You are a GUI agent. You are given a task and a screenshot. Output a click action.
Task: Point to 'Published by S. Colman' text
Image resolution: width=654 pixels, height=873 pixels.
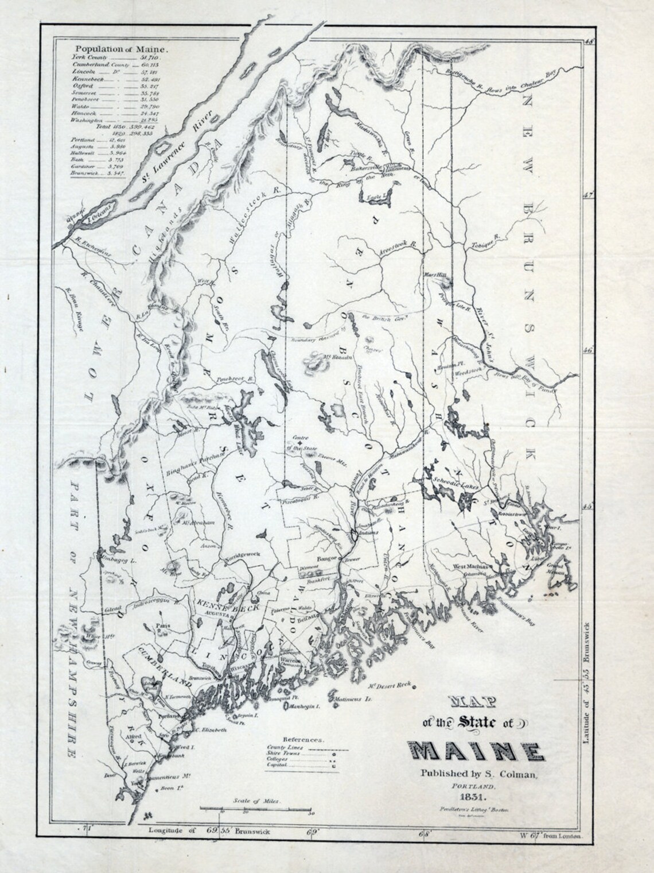click(x=479, y=774)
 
